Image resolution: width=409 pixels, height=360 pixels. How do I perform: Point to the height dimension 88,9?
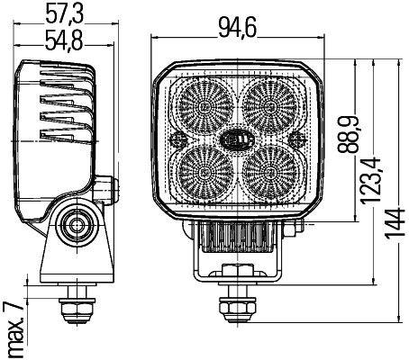pos(345,135)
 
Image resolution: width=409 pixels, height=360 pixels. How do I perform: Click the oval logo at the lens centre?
pos(235,139)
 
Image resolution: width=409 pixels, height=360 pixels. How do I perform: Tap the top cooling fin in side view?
pos(65,78)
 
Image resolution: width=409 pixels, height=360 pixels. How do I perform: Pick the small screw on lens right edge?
pos(296,138)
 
